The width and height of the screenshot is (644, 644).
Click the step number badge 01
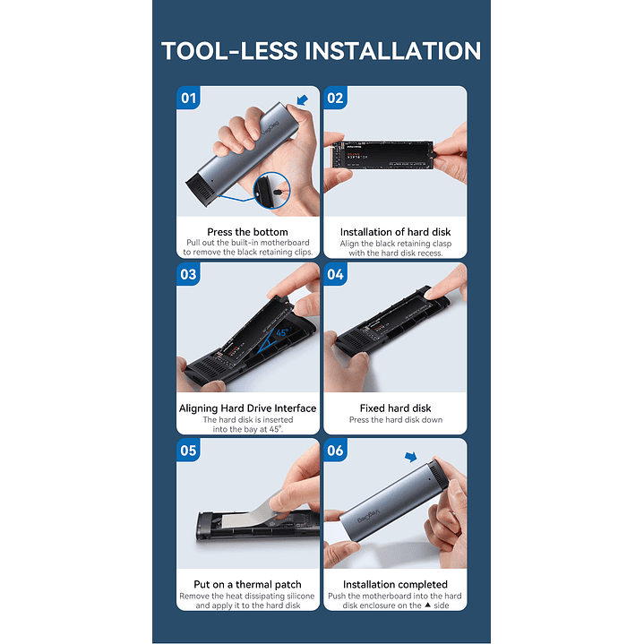(x=188, y=98)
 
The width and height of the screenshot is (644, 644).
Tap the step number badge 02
(x=335, y=98)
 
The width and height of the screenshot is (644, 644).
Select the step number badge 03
(x=188, y=274)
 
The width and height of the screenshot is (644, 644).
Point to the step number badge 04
(x=335, y=274)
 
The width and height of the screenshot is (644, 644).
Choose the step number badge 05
(x=188, y=451)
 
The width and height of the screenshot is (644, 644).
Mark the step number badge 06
(x=335, y=451)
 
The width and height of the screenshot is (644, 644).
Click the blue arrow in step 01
(x=302, y=99)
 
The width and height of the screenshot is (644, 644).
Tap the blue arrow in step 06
(x=411, y=457)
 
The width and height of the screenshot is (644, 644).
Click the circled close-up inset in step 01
(x=272, y=190)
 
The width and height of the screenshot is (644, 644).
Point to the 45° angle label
(x=282, y=332)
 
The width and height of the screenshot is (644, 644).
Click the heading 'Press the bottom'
(x=247, y=232)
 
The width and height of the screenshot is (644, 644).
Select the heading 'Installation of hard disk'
(x=395, y=232)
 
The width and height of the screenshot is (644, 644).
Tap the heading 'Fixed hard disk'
(x=395, y=408)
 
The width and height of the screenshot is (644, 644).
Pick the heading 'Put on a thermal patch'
(x=247, y=585)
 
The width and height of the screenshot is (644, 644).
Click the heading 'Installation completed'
(x=395, y=585)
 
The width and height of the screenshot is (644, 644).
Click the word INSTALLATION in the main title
(x=392, y=51)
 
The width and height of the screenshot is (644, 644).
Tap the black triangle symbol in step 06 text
(x=427, y=605)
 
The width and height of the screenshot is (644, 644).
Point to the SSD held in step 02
(x=382, y=155)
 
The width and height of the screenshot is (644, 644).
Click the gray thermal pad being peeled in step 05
(x=251, y=512)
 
